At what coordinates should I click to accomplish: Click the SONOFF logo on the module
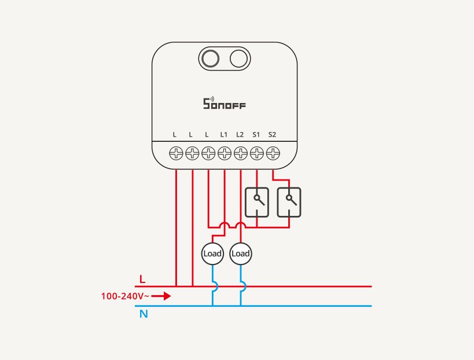[225, 103]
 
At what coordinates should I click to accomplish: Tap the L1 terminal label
[224, 134]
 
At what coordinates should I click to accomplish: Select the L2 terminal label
[240, 134]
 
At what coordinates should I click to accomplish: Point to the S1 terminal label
[256, 134]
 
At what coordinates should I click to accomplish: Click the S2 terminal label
[272, 134]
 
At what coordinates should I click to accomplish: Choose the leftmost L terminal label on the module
[174, 134]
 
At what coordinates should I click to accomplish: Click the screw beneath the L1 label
[225, 153]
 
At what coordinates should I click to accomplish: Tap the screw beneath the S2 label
[273, 153]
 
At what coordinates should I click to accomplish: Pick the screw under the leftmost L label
[176, 153]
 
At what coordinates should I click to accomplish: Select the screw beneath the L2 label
[241, 153]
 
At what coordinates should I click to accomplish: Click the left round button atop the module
[210, 58]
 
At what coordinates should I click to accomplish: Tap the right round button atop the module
[238, 58]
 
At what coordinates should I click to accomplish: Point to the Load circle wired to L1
[212, 254]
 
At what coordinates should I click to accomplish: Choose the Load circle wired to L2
[241, 254]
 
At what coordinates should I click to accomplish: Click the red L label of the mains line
[142, 279]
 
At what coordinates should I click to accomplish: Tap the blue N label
[144, 314]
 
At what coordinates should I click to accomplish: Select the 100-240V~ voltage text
[125, 296]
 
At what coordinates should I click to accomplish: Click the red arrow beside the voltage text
[161, 296]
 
